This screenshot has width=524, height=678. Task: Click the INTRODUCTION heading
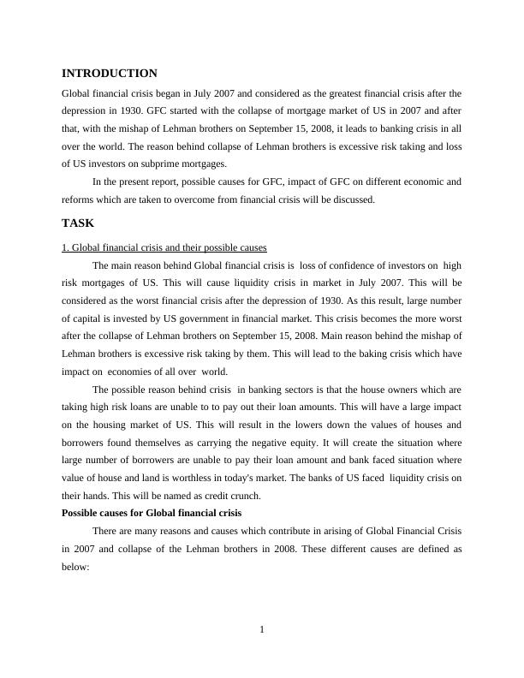click(110, 74)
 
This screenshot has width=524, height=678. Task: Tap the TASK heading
click(78, 223)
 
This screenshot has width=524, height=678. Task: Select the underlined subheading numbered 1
click(164, 248)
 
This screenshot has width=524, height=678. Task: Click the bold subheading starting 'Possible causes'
click(152, 513)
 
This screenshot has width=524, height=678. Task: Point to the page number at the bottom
click(262, 631)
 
